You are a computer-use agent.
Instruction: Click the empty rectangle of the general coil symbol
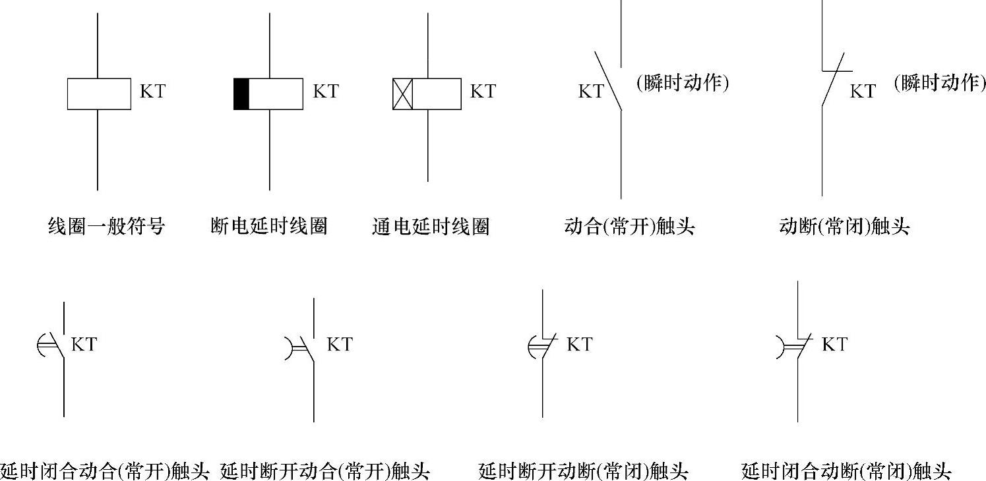[x=99, y=94]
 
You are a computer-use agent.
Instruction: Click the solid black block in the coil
[x=241, y=94]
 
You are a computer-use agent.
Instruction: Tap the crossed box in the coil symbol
[x=402, y=94]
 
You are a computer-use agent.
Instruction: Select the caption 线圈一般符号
[x=106, y=227]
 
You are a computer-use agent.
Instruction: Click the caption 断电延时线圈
[x=268, y=227]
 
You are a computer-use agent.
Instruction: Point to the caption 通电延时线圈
[x=431, y=227]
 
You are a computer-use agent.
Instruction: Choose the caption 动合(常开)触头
[x=630, y=227]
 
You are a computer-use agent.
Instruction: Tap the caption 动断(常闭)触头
[x=844, y=227]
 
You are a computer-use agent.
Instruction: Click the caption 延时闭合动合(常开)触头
[x=104, y=471]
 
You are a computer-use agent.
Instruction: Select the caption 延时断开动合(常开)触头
[x=325, y=471]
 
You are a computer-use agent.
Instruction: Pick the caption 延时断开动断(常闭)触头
[x=584, y=471]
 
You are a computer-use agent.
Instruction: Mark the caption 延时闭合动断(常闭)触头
[x=846, y=471]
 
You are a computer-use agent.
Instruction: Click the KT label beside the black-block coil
[x=325, y=91]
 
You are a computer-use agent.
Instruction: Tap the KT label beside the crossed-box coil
[x=482, y=91]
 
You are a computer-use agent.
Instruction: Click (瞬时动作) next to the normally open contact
[x=683, y=83]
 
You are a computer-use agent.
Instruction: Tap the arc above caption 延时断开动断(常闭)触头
[x=533, y=347]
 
